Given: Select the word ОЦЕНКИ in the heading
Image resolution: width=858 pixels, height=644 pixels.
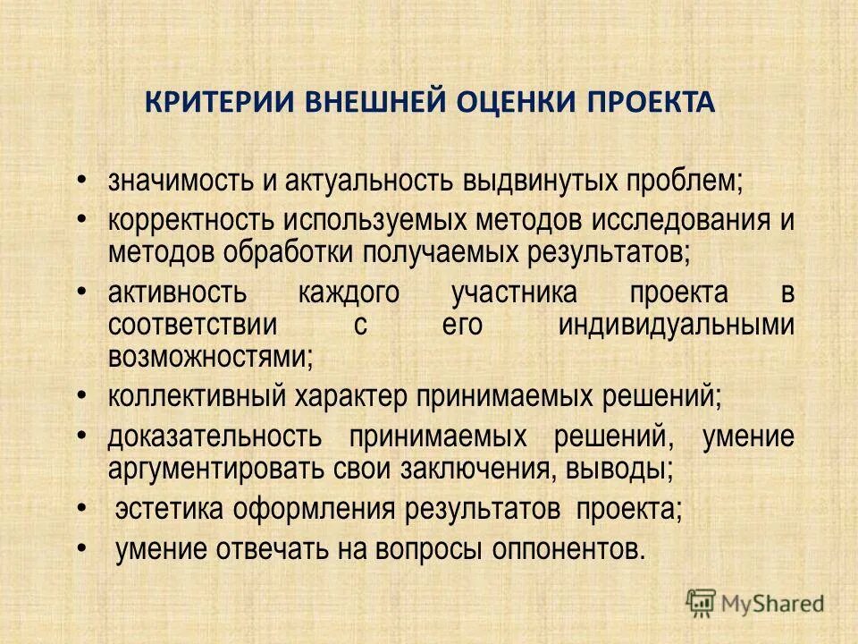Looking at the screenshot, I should [x=503, y=101].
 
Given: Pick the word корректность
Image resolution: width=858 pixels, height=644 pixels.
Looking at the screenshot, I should [x=189, y=220].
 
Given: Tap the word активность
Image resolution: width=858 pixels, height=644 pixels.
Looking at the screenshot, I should [x=175, y=292].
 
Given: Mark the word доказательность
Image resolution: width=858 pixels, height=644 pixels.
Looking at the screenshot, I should [x=214, y=437].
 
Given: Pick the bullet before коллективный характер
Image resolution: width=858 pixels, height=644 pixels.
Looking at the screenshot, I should [x=81, y=391].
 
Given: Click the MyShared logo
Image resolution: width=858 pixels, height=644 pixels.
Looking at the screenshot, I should [x=755, y=603].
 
